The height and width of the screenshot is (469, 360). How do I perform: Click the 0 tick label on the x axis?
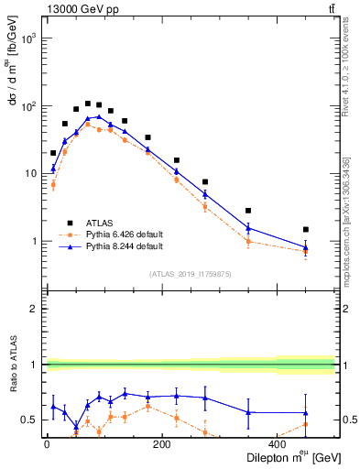coord(47,444)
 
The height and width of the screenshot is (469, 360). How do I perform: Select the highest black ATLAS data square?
coord(88,104)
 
